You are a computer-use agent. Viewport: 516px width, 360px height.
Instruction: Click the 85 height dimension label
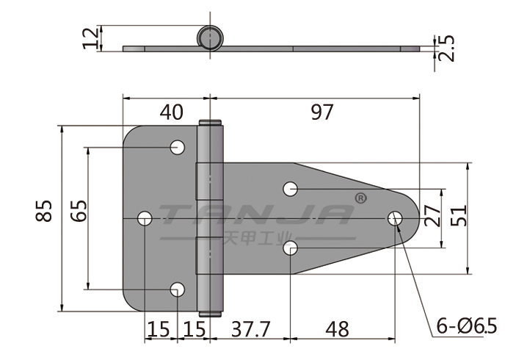pos(44,211)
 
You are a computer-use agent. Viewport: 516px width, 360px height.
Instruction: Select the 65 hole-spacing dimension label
pos(79,211)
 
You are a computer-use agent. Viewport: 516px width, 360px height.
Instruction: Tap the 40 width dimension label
pos(171,112)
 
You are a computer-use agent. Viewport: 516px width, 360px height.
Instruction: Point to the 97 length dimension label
pos(322,112)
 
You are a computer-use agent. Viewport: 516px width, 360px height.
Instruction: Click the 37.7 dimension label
pos(251,329)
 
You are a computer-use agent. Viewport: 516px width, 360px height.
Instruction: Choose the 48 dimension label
pos(337,329)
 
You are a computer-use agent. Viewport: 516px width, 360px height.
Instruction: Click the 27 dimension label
pos(432,215)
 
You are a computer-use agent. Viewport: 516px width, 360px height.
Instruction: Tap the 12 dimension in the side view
pos(90,38)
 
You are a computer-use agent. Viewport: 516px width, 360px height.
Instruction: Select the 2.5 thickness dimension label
pos(446,48)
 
